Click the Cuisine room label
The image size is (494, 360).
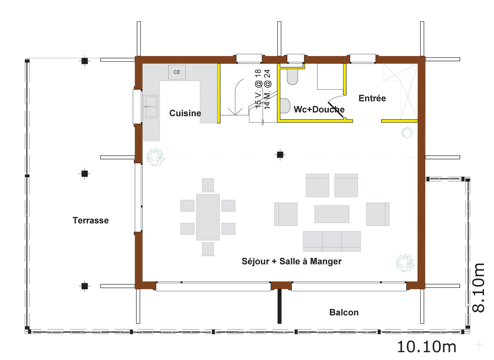click(185, 113)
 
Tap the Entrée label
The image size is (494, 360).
click(372, 98)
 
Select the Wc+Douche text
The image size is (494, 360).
click(319, 109)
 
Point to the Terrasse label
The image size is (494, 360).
click(91, 220)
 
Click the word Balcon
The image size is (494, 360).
click(344, 312)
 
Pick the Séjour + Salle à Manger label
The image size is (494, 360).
click(291, 261)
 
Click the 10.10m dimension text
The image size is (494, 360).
click(426, 347)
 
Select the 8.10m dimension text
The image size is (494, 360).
click(478, 288)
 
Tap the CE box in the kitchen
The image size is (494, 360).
click(177, 72)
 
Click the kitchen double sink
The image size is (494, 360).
click(150, 107)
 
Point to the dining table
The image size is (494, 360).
click(208, 217)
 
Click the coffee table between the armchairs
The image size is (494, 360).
click(332, 214)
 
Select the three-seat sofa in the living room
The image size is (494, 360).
click(332, 241)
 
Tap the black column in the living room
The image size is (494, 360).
click(280, 155)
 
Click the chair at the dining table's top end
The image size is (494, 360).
click(208, 185)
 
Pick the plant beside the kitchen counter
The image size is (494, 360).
click(156, 157)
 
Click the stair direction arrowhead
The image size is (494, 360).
click(235, 112)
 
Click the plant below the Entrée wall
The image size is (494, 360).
click(407, 133)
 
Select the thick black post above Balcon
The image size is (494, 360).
click(280, 306)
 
